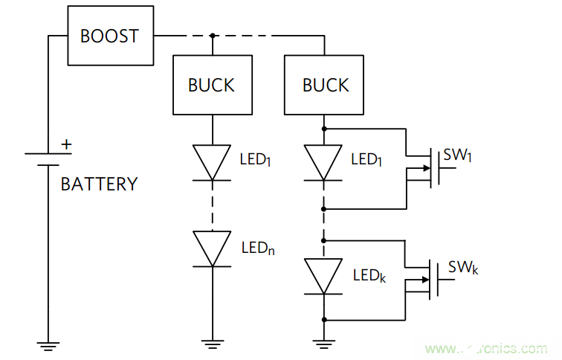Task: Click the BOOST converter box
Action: click(x=109, y=36)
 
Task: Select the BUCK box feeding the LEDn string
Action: click(x=212, y=85)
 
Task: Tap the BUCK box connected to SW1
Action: click(x=326, y=85)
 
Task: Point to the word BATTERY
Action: click(x=99, y=184)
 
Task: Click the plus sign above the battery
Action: click(x=67, y=144)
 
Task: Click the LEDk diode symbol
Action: click(x=324, y=276)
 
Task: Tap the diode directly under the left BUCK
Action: click(x=212, y=162)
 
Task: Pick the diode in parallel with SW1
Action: click(x=324, y=162)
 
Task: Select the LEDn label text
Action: click(x=258, y=248)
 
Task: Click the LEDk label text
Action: click(x=369, y=275)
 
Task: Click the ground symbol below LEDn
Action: click(x=212, y=344)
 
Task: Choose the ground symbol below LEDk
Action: click(x=324, y=344)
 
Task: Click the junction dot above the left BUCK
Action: click(x=212, y=35)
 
